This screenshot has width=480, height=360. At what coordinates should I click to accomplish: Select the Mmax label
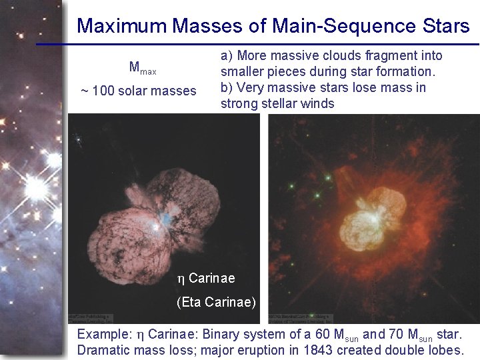(142, 67)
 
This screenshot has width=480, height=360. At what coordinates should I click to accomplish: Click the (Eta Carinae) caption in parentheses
(216, 302)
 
